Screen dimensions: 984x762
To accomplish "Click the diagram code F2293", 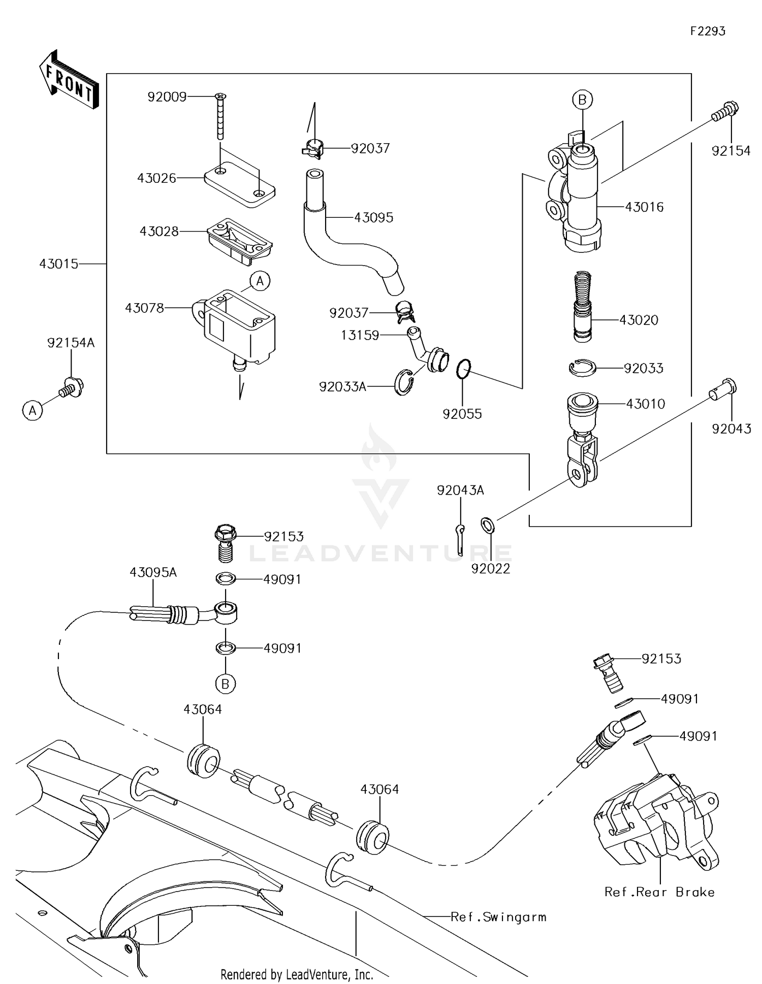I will coord(707,31).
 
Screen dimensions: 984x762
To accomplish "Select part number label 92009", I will coord(167,96).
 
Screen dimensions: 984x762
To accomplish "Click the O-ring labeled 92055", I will coord(463,369).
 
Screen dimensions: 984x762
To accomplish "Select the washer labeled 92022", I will coord(488,524).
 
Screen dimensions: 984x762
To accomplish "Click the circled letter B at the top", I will coord(582,100).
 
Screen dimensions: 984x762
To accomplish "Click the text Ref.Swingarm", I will coord(498,917).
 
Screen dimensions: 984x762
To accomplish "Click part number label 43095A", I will coord(153,572).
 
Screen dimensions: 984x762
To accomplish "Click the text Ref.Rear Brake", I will coord(659,892).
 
